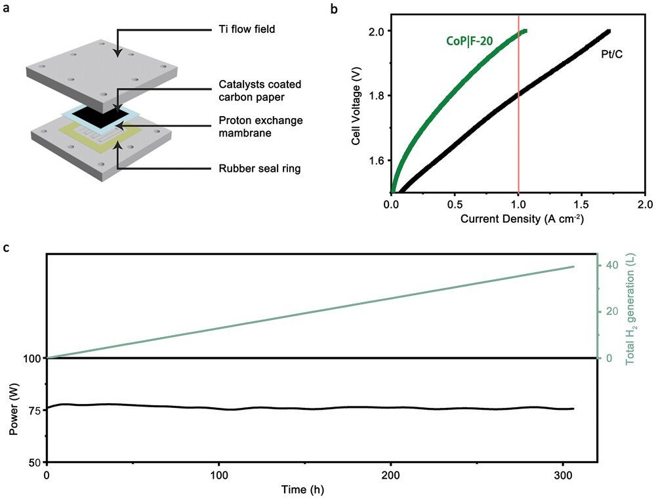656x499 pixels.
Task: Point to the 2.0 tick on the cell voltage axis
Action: coord(377,31)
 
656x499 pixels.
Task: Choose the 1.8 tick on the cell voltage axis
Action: coord(377,96)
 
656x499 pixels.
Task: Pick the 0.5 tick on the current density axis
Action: coord(455,204)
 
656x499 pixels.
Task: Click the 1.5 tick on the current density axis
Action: coord(582,204)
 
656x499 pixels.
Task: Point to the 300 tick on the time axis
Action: coord(564,473)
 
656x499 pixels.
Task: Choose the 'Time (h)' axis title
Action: coord(303,489)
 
